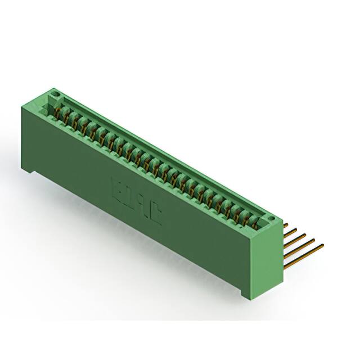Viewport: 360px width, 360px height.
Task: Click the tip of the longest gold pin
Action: point(322,245)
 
